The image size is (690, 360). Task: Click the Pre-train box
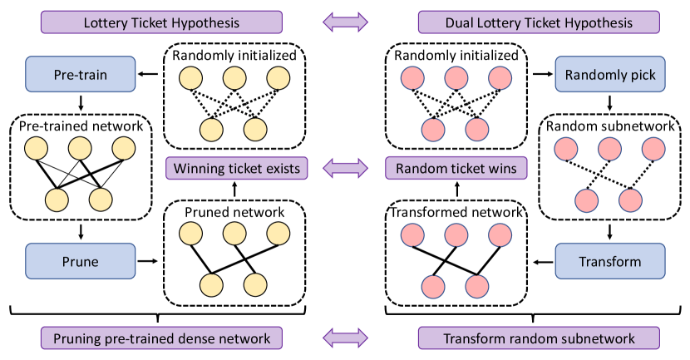(x=81, y=74)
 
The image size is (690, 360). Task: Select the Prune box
(x=81, y=261)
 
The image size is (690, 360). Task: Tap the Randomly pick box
(x=610, y=74)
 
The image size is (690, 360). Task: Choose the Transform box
(x=610, y=261)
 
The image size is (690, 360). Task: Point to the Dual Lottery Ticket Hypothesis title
(x=539, y=20)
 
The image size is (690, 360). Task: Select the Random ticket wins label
(x=456, y=169)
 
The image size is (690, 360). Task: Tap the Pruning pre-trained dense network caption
(x=161, y=338)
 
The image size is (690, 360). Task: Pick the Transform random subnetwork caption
(x=539, y=338)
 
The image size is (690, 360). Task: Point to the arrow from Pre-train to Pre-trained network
(x=81, y=103)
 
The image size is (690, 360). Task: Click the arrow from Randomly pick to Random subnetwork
(x=610, y=103)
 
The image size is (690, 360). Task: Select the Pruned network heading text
(x=234, y=213)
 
